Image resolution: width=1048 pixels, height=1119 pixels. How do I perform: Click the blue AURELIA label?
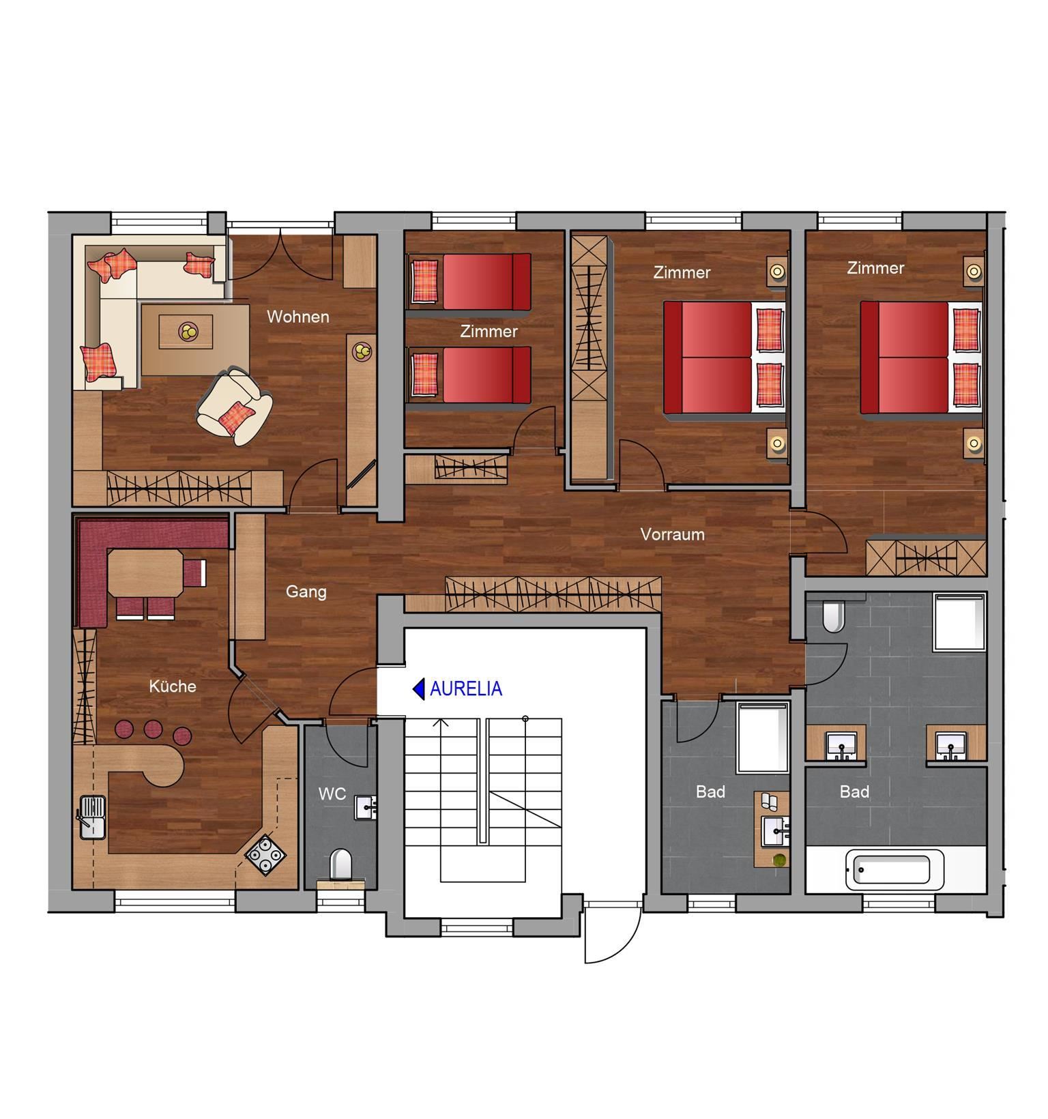pyautogui.click(x=466, y=689)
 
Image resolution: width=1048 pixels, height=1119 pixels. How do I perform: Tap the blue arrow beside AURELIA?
pyautogui.click(x=419, y=689)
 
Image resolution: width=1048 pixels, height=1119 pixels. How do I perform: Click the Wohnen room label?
pyautogui.click(x=298, y=317)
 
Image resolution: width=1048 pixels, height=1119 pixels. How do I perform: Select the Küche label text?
pyautogui.click(x=173, y=686)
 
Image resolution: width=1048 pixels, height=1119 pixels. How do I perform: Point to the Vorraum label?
pyautogui.click(x=673, y=534)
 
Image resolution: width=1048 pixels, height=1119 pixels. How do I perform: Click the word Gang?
pyautogui.click(x=306, y=592)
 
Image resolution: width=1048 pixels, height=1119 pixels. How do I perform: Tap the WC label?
pyautogui.click(x=332, y=794)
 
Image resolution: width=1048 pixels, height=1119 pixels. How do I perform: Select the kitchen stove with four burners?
pyautogui.click(x=265, y=854)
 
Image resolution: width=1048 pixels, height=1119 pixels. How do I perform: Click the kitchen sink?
pyautogui.click(x=92, y=817)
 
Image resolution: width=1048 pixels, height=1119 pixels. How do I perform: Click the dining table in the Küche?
pyautogui.click(x=145, y=573)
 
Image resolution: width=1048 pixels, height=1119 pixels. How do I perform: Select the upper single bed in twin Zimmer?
pyautogui.click(x=469, y=282)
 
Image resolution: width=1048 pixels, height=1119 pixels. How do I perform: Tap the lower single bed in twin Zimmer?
pyautogui.click(x=469, y=375)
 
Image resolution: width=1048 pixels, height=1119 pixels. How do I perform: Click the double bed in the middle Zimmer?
pyautogui.click(x=725, y=358)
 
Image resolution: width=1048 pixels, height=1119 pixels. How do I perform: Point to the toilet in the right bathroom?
pyautogui.click(x=834, y=616)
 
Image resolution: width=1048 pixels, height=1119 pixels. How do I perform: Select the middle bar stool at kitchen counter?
pyautogui.click(x=153, y=729)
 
